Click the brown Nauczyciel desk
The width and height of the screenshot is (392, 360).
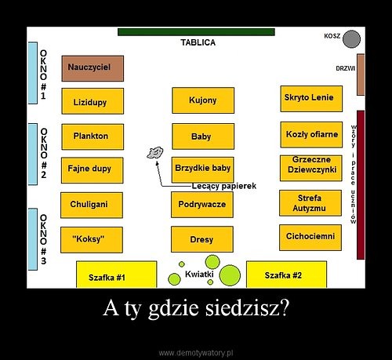coord(93,68)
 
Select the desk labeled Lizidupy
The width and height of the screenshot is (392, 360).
coord(93,101)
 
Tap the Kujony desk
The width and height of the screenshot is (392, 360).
coord(203,100)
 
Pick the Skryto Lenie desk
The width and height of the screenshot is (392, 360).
coord(311,99)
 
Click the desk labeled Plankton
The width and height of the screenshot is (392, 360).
coord(93,136)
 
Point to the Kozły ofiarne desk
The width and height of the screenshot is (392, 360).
coord(311,135)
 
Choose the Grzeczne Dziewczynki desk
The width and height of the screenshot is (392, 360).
coord(310,168)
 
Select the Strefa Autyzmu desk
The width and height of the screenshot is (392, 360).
coord(310,203)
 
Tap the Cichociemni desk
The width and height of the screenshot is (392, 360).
coord(310,238)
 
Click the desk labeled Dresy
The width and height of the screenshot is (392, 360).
coord(202,239)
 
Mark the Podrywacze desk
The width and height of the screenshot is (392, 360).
coord(202,205)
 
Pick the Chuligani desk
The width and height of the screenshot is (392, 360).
coord(92,205)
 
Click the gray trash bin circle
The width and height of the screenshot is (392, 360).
coord(351,39)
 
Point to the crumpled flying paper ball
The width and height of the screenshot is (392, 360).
coord(155,152)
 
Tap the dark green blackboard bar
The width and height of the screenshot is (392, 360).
coord(196,32)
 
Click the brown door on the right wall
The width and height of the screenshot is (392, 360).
coord(361,75)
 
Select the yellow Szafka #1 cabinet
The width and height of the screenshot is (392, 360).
coord(117,275)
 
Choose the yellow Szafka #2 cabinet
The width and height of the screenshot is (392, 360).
coord(286,275)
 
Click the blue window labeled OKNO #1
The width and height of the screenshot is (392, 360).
coord(33,73)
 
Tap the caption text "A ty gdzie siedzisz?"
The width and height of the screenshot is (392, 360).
coord(196,307)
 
